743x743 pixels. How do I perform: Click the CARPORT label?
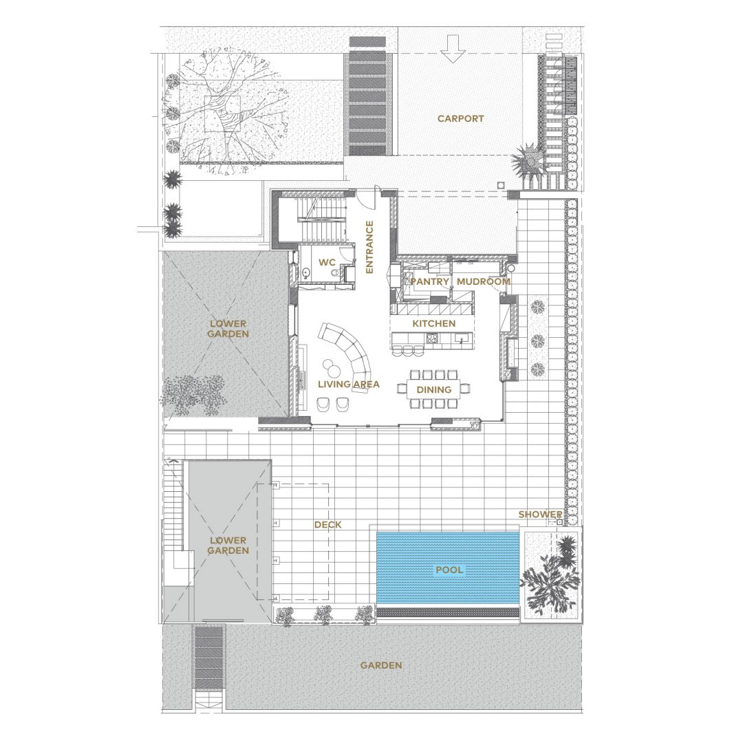coord(460,118)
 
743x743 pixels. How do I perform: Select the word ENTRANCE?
coord(369,247)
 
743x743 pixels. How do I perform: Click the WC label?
coord(327,263)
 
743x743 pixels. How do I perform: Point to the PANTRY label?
coord(429,281)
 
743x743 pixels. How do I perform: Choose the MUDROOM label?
coord(484,281)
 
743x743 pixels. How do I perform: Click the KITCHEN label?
coord(433,323)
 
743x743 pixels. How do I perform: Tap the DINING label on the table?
coord(433,389)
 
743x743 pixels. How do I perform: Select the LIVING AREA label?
coord(349,384)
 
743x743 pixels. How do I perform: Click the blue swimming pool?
coord(448,569)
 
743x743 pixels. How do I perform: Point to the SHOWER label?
coord(540,514)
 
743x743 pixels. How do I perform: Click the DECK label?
coord(327,524)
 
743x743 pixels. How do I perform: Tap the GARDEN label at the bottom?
coord(381,665)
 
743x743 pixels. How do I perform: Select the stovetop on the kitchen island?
coord(433,338)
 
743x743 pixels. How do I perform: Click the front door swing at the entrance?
coord(367,197)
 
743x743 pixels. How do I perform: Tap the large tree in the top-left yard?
coord(224,114)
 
